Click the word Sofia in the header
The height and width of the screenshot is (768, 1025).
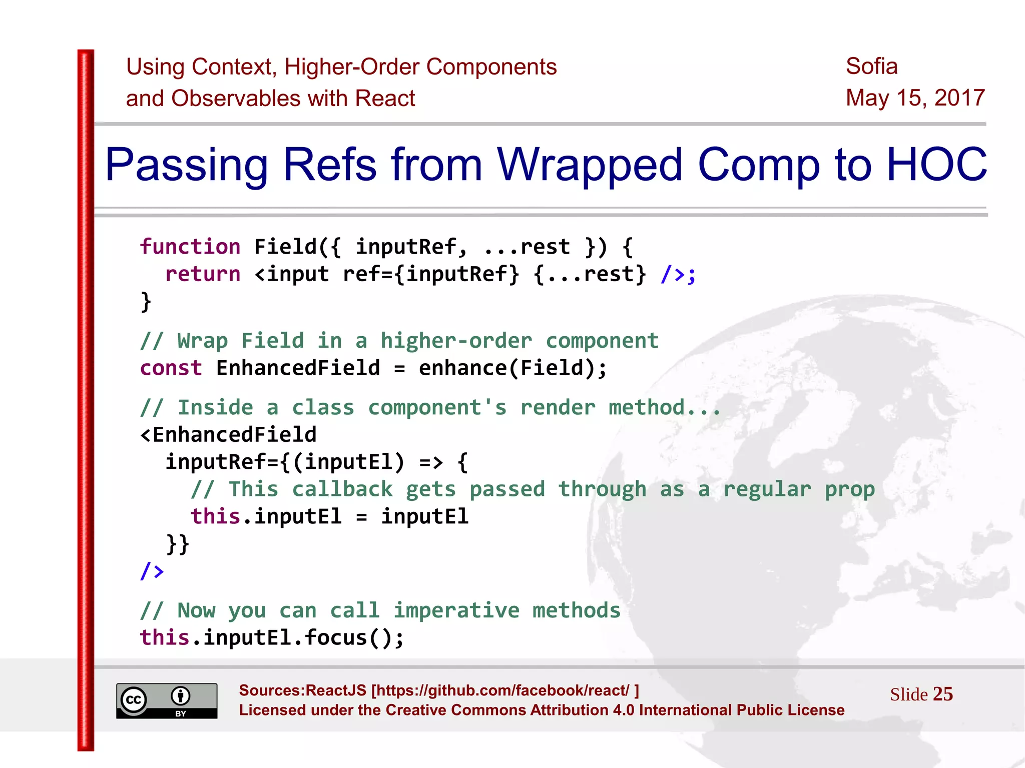click(871, 66)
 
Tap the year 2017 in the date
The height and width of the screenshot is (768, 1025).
click(959, 98)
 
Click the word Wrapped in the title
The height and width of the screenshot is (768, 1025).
click(589, 165)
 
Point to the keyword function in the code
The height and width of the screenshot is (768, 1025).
click(190, 247)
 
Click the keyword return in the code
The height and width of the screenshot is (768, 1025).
click(203, 274)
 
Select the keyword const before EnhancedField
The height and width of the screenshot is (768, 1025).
click(171, 368)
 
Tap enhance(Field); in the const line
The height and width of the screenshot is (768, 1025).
click(512, 368)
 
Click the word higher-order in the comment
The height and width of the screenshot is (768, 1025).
click(456, 341)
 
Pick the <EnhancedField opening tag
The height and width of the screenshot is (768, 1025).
click(228, 435)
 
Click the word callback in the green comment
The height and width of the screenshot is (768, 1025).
click(342, 489)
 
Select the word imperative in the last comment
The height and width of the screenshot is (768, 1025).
click(456, 611)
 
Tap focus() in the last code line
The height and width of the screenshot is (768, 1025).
click(348, 638)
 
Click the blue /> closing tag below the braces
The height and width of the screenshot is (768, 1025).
click(152, 570)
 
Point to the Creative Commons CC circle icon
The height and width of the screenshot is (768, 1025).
click(134, 699)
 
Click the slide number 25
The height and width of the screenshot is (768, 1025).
click(942, 694)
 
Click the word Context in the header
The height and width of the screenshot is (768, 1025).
click(233, 67)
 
